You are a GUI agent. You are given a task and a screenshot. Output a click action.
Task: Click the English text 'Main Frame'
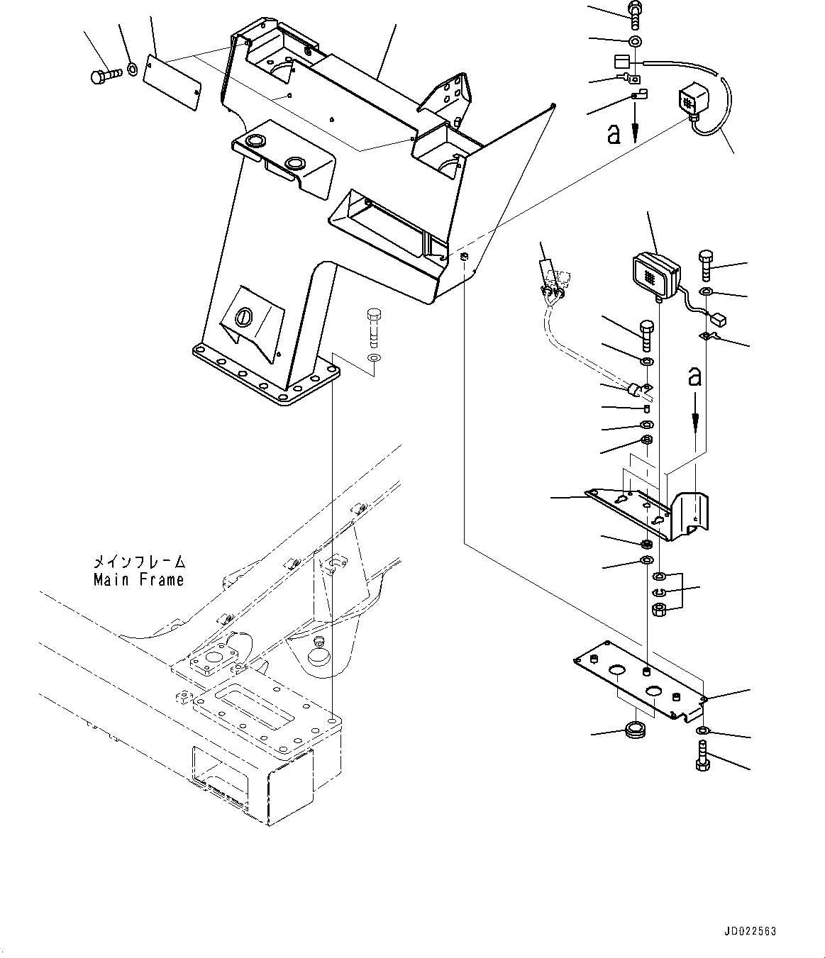139,579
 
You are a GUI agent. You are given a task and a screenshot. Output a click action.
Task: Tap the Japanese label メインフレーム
139,562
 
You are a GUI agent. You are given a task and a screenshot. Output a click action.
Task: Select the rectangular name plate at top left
172,84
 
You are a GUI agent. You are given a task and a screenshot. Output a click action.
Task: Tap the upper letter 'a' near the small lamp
613,134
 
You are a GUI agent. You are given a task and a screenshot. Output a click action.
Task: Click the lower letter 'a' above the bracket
694,377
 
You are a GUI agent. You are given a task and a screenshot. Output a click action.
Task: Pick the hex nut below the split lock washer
658,609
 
